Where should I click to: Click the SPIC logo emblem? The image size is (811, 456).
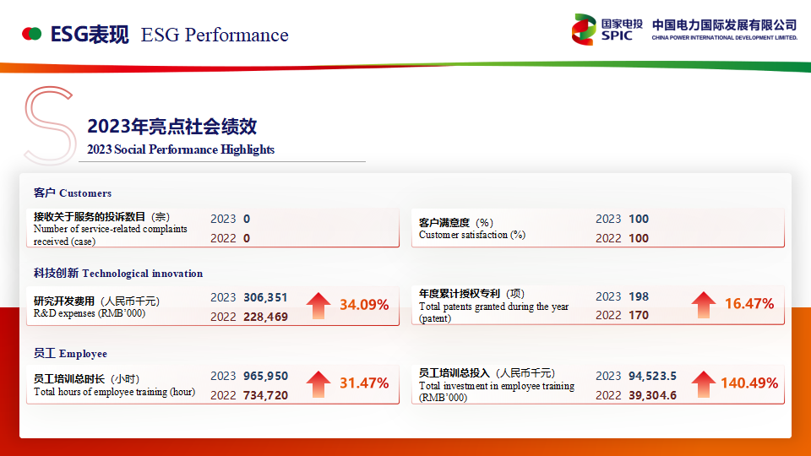584,30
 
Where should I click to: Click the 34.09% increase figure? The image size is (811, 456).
364,305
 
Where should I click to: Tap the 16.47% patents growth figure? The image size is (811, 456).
749,303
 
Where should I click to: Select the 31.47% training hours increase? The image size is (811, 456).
364,383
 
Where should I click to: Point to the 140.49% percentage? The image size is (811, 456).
749,383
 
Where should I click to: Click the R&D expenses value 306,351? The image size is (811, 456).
265,297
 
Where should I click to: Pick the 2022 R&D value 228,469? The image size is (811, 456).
265,317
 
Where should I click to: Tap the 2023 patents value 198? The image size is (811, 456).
639,296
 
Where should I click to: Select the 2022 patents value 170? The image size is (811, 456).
639,315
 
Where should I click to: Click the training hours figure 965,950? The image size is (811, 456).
265,376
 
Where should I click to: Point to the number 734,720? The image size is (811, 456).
265,395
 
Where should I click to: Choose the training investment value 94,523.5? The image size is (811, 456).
652,376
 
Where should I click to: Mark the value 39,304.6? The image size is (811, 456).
652,395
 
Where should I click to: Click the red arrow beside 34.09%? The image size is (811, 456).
318,306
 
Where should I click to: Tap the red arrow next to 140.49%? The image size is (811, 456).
704,384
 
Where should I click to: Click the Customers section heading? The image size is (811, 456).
73,193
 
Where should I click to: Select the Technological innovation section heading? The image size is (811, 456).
118,273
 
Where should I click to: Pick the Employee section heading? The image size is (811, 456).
70,354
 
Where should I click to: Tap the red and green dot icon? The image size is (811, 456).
31,34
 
